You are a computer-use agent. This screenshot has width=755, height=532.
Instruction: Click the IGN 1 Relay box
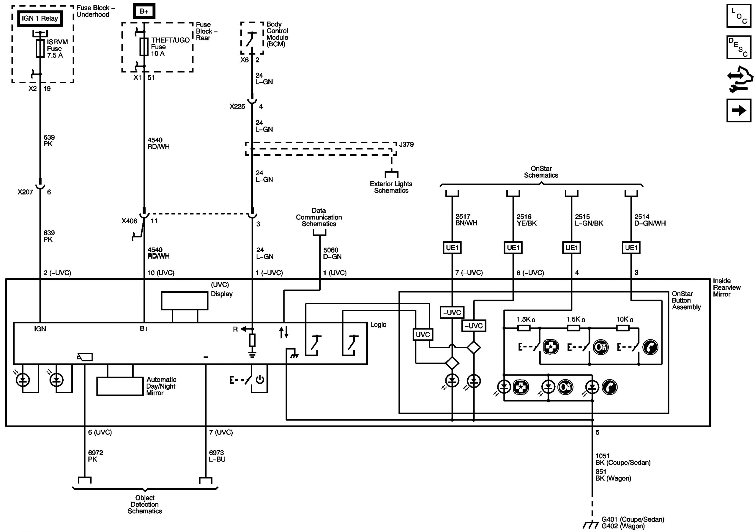[40, 18]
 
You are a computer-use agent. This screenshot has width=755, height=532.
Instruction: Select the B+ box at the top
[144, 11]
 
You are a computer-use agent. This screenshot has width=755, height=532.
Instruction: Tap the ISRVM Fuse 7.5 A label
[57, 49]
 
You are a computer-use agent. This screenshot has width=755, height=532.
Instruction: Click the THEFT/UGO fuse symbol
[144, 46]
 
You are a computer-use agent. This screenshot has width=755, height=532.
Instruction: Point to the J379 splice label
[406, 144]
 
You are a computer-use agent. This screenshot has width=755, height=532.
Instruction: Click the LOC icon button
[738, 16]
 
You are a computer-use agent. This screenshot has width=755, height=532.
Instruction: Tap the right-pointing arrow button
[738, 110]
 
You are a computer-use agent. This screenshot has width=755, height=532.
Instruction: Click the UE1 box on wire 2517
[452, 248]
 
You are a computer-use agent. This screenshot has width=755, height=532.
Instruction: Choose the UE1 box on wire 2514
[631, 248]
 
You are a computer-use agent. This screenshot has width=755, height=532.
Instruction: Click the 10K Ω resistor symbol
[623, 328]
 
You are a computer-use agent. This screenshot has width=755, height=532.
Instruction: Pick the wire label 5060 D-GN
[332, 253]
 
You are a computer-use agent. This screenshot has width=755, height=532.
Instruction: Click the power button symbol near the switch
[260, 380]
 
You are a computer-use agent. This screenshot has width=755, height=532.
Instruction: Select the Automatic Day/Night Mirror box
[120, 386]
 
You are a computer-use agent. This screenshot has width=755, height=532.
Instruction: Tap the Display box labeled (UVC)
[185, 301]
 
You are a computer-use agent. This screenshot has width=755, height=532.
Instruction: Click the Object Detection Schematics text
[145, 504]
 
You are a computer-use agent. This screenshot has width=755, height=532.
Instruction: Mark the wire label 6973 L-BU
[217, 456]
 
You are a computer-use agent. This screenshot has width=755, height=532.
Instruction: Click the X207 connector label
[25, 192]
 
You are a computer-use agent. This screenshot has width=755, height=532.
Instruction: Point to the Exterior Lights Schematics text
[391, 187]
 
